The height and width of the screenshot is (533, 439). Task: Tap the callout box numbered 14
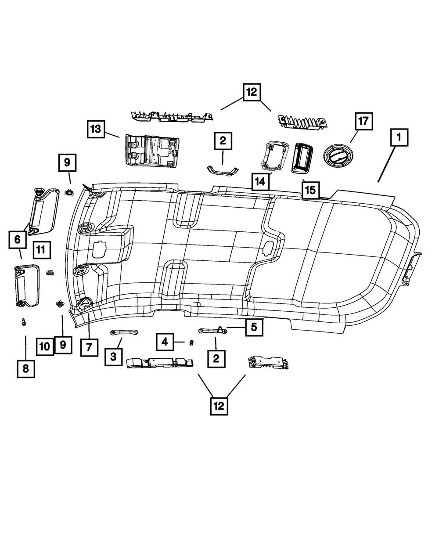(x=261, y=181)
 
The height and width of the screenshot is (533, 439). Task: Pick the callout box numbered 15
(x=310, y=190)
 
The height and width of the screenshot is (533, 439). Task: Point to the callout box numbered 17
(x=364, y=121)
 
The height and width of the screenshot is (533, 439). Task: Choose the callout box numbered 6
(x=17, y=240)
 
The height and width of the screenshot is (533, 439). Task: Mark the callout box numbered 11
(x=40, y=250)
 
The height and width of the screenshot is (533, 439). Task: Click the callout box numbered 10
(x=45, y=346)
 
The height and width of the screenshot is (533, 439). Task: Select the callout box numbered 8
(x=25, y=368)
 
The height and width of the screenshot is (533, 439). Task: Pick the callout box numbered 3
(x=113, y=357)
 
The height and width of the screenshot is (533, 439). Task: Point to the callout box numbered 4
(x=164, y=341)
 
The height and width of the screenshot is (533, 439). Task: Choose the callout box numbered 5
(x=254, y=327)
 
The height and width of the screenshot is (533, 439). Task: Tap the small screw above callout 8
(x=23, y=323)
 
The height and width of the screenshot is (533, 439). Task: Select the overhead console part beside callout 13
(x=152, y=150)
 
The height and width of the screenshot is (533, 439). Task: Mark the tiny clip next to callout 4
(x=191, y=342)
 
